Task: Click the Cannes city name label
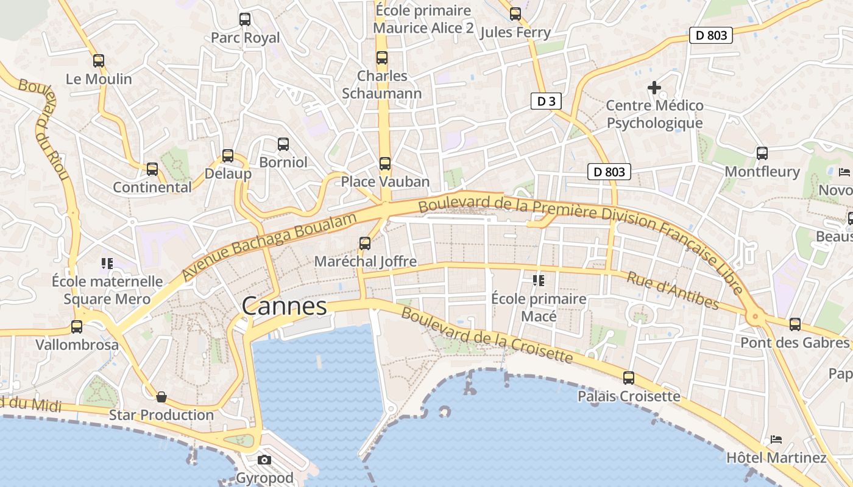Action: pos(284,306)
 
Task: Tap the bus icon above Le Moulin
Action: pos(99,61)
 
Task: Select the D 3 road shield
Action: pos(546,101)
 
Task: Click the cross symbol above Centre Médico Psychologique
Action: pos(654,88)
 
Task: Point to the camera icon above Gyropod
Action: pos(264,460)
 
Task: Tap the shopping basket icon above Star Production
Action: pos(161,397)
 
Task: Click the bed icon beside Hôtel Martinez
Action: pos(776,439)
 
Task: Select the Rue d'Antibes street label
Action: pos(673,291)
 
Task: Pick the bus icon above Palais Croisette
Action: pos(629,378)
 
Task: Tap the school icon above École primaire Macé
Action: pos(539,280)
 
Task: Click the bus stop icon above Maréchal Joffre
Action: pos(365,243)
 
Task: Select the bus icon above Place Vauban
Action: pos(385,163)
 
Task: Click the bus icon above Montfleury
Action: pos(762,153)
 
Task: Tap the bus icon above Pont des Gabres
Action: pos(795,324)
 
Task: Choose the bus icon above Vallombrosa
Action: pos(77,327)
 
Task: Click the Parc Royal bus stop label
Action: pos(246,38)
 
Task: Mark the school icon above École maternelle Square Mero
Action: pos(108,264)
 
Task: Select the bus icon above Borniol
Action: pos(283,144)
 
